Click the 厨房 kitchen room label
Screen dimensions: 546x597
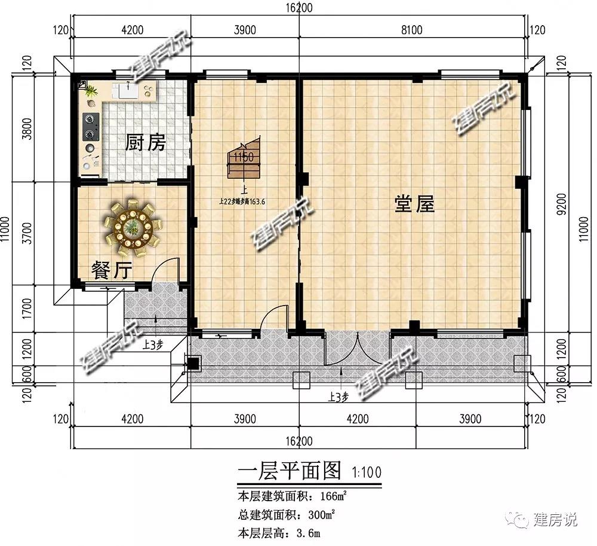coord(145,143)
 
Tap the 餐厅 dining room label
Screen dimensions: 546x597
coord(111,270)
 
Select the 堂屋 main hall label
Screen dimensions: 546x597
coord(414,204)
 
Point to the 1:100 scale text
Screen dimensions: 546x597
coord(364,472)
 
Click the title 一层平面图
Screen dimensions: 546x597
coord(290,471)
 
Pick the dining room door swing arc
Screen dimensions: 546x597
coord(165,270)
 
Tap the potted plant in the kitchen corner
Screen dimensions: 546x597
coord(91,91)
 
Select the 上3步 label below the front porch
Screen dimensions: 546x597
coord(338,396)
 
